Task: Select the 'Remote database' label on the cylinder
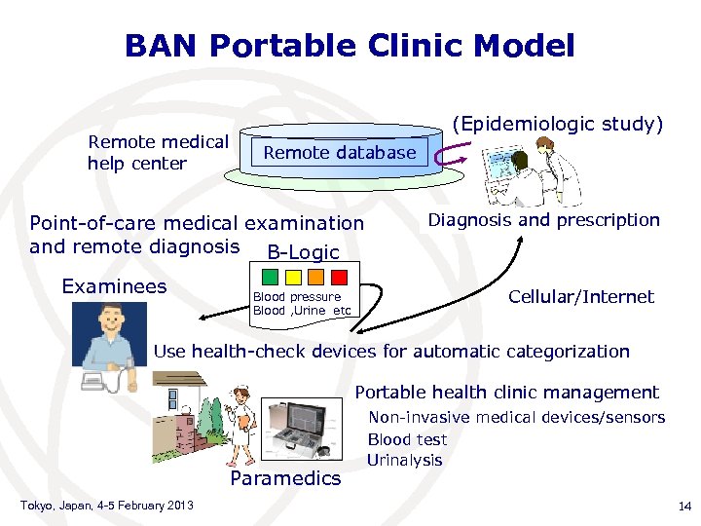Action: [x=339, y=152]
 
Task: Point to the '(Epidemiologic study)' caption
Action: [x=560, y=124]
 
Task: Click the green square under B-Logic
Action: [x=274, y=277]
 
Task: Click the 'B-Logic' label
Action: [x=303, y=252]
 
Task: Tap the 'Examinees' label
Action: [x=114, y=286]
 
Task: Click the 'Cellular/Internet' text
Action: [x=581, y=296]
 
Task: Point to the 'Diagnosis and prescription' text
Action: [x=544, y=220]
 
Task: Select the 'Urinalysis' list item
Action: [x=405, y=460]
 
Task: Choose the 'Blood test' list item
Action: [x=407, y=439]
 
